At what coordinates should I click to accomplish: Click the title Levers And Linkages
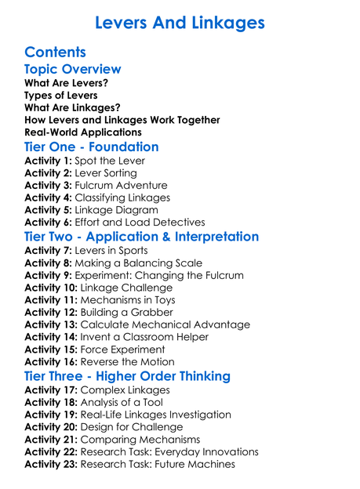pyautogui.click(x=180, y=22)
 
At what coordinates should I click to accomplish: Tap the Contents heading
pyautogui.click(x=55, y=53)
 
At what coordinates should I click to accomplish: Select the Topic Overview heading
pyautogui.click(x=73, y=70)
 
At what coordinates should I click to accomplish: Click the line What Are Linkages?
pyautogui.click(x=72, y=107)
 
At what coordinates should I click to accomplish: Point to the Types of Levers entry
pyautogui.click(x=61, y=95)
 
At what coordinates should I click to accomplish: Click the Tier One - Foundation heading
pyautogui.click(x=92, y=147)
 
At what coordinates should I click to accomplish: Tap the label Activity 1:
pyautogui.click(x=48, y=161)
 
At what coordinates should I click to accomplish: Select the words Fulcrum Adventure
pyautogui.click(x=121, y=186)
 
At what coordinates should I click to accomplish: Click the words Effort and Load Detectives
pyautogui.click(x=140, y=223)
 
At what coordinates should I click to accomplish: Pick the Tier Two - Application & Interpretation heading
pyautogui.click(x=141, y=237)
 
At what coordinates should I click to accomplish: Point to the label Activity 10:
pyautogui.click(x=51, y=288)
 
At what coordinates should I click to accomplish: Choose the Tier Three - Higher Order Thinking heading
pyautogui.click(x=127, y=375)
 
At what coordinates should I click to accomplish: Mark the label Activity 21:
pyautogui.click(x=51, y=439)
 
